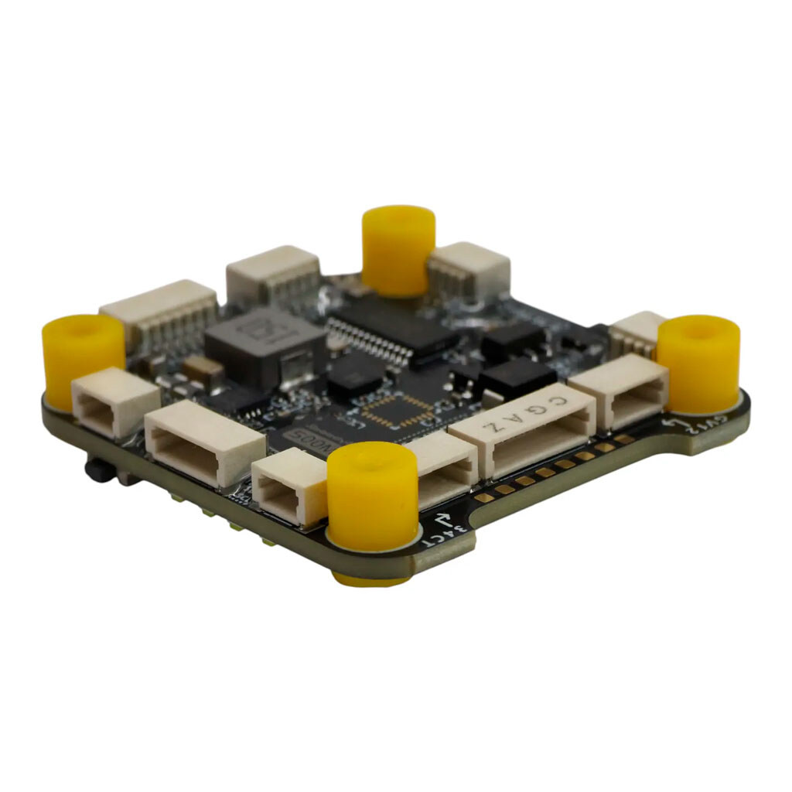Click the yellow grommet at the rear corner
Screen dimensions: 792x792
tap(398, 249)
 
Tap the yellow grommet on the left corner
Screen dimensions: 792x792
tap(83, 360)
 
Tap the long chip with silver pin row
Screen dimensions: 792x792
tap(387, 329)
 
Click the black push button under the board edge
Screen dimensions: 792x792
tap(97, 469)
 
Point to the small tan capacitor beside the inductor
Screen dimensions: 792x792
tap(203, 370)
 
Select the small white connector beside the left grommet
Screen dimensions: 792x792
tap(114, 401)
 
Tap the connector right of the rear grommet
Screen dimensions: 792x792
tap(469, 273)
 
